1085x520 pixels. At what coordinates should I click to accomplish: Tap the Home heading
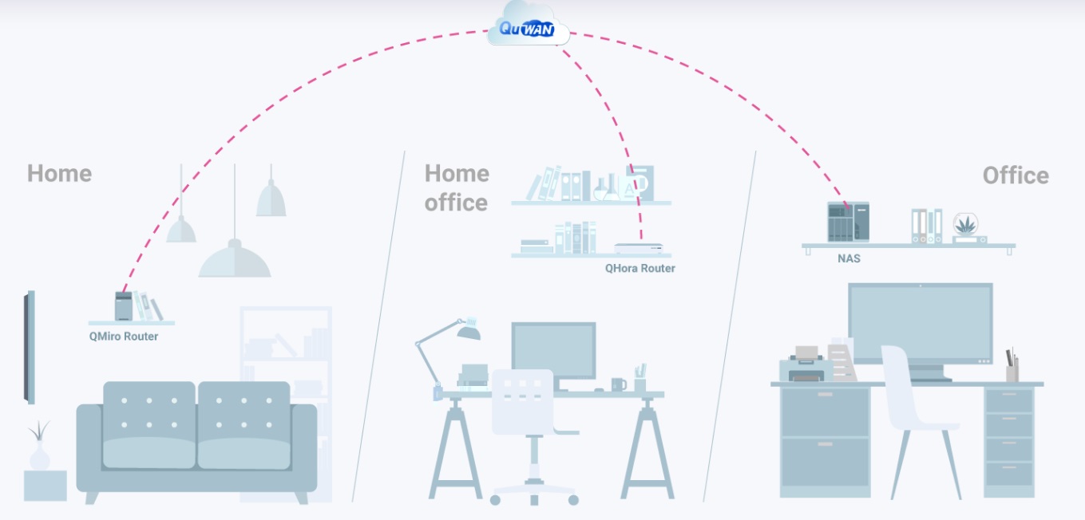click(59, 173)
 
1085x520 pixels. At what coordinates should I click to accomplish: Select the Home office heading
click(456, 188)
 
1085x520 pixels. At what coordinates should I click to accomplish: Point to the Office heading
click(1016, 175)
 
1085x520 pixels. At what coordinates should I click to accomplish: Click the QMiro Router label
click(124, 337)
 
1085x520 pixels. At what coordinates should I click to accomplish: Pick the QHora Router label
click(640, 269)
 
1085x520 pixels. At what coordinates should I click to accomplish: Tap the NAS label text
click(849, 259)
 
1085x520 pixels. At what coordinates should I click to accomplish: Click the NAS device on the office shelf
click(848, 222)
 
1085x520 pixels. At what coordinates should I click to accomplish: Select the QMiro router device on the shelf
click(123, 306)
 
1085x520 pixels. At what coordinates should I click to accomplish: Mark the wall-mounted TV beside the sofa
click(30, 347)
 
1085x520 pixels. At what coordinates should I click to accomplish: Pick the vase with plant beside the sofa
click(39, 447)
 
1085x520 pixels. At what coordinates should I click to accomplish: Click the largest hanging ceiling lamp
click(235, 259)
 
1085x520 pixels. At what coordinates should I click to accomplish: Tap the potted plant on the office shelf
click(965, 227)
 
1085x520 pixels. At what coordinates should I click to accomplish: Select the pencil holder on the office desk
click(1012, 368)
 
